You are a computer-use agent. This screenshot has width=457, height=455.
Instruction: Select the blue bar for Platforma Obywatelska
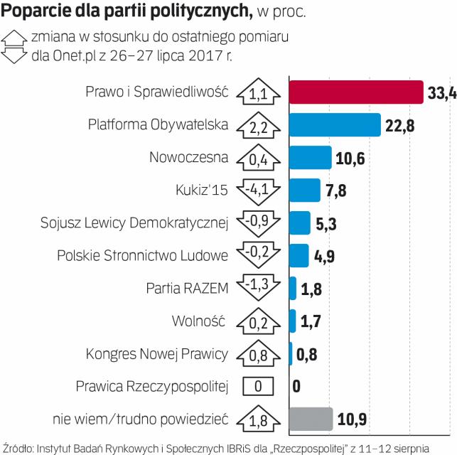[x=335, y=124]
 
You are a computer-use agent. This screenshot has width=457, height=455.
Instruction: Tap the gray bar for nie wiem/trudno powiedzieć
[x=311, y=419]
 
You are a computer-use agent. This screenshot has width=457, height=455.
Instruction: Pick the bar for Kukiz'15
[x=305, y=190]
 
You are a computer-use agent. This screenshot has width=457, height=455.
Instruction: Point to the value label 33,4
[x=441, y=93]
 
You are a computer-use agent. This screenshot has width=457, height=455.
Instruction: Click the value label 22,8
[x=400, y=126]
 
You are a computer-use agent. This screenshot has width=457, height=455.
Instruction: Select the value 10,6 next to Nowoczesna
[x=350, y=158]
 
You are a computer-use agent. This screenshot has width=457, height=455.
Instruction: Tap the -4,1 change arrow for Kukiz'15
[x=258, y=191]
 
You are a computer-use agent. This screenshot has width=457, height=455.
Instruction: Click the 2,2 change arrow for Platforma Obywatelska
[x=258, y=125]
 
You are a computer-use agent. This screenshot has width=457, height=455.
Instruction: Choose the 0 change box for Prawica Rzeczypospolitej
[x=258, y=387]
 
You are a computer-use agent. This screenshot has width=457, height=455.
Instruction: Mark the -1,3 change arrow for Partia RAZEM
[x=258, y=289]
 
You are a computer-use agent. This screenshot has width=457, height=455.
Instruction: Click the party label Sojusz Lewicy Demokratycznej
[x=134, y=223]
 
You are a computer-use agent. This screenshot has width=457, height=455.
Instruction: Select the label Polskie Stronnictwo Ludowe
[x=142, y=255]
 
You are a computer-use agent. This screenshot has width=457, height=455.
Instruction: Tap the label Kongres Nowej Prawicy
[x=156, y=353]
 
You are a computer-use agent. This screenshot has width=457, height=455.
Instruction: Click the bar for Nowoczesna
[x=311, y=157]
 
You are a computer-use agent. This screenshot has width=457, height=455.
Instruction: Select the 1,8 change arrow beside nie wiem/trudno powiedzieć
[x=258, y=419]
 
